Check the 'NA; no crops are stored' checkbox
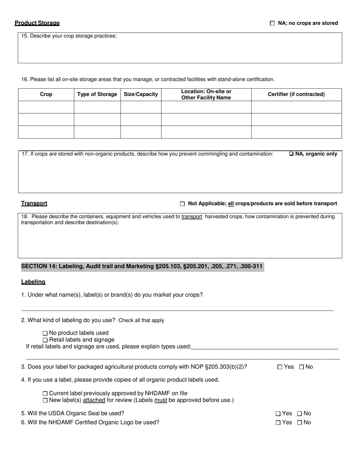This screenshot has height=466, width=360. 272,23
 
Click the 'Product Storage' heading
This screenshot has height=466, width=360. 37,23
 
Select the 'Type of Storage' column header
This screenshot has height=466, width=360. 97,94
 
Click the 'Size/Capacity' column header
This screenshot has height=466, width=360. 141,94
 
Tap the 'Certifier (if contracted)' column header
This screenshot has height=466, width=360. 296,94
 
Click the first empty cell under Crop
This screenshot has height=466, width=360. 46,107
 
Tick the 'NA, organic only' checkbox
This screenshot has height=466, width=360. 291,154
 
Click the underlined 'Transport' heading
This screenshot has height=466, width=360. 34,203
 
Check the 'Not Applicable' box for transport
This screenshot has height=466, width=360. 182,204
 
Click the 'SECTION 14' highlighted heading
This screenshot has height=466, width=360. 142,266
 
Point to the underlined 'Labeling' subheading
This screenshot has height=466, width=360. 33,282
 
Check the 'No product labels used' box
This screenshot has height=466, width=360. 45,333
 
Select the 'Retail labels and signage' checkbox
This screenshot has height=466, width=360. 45,340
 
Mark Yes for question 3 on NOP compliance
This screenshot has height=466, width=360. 280,367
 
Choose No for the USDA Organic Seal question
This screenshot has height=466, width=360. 300,414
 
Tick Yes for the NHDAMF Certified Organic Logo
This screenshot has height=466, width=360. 278,423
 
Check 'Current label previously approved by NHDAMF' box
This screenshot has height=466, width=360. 45,394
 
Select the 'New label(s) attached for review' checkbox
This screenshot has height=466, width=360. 45,400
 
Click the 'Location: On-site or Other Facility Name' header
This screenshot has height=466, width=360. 206,94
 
